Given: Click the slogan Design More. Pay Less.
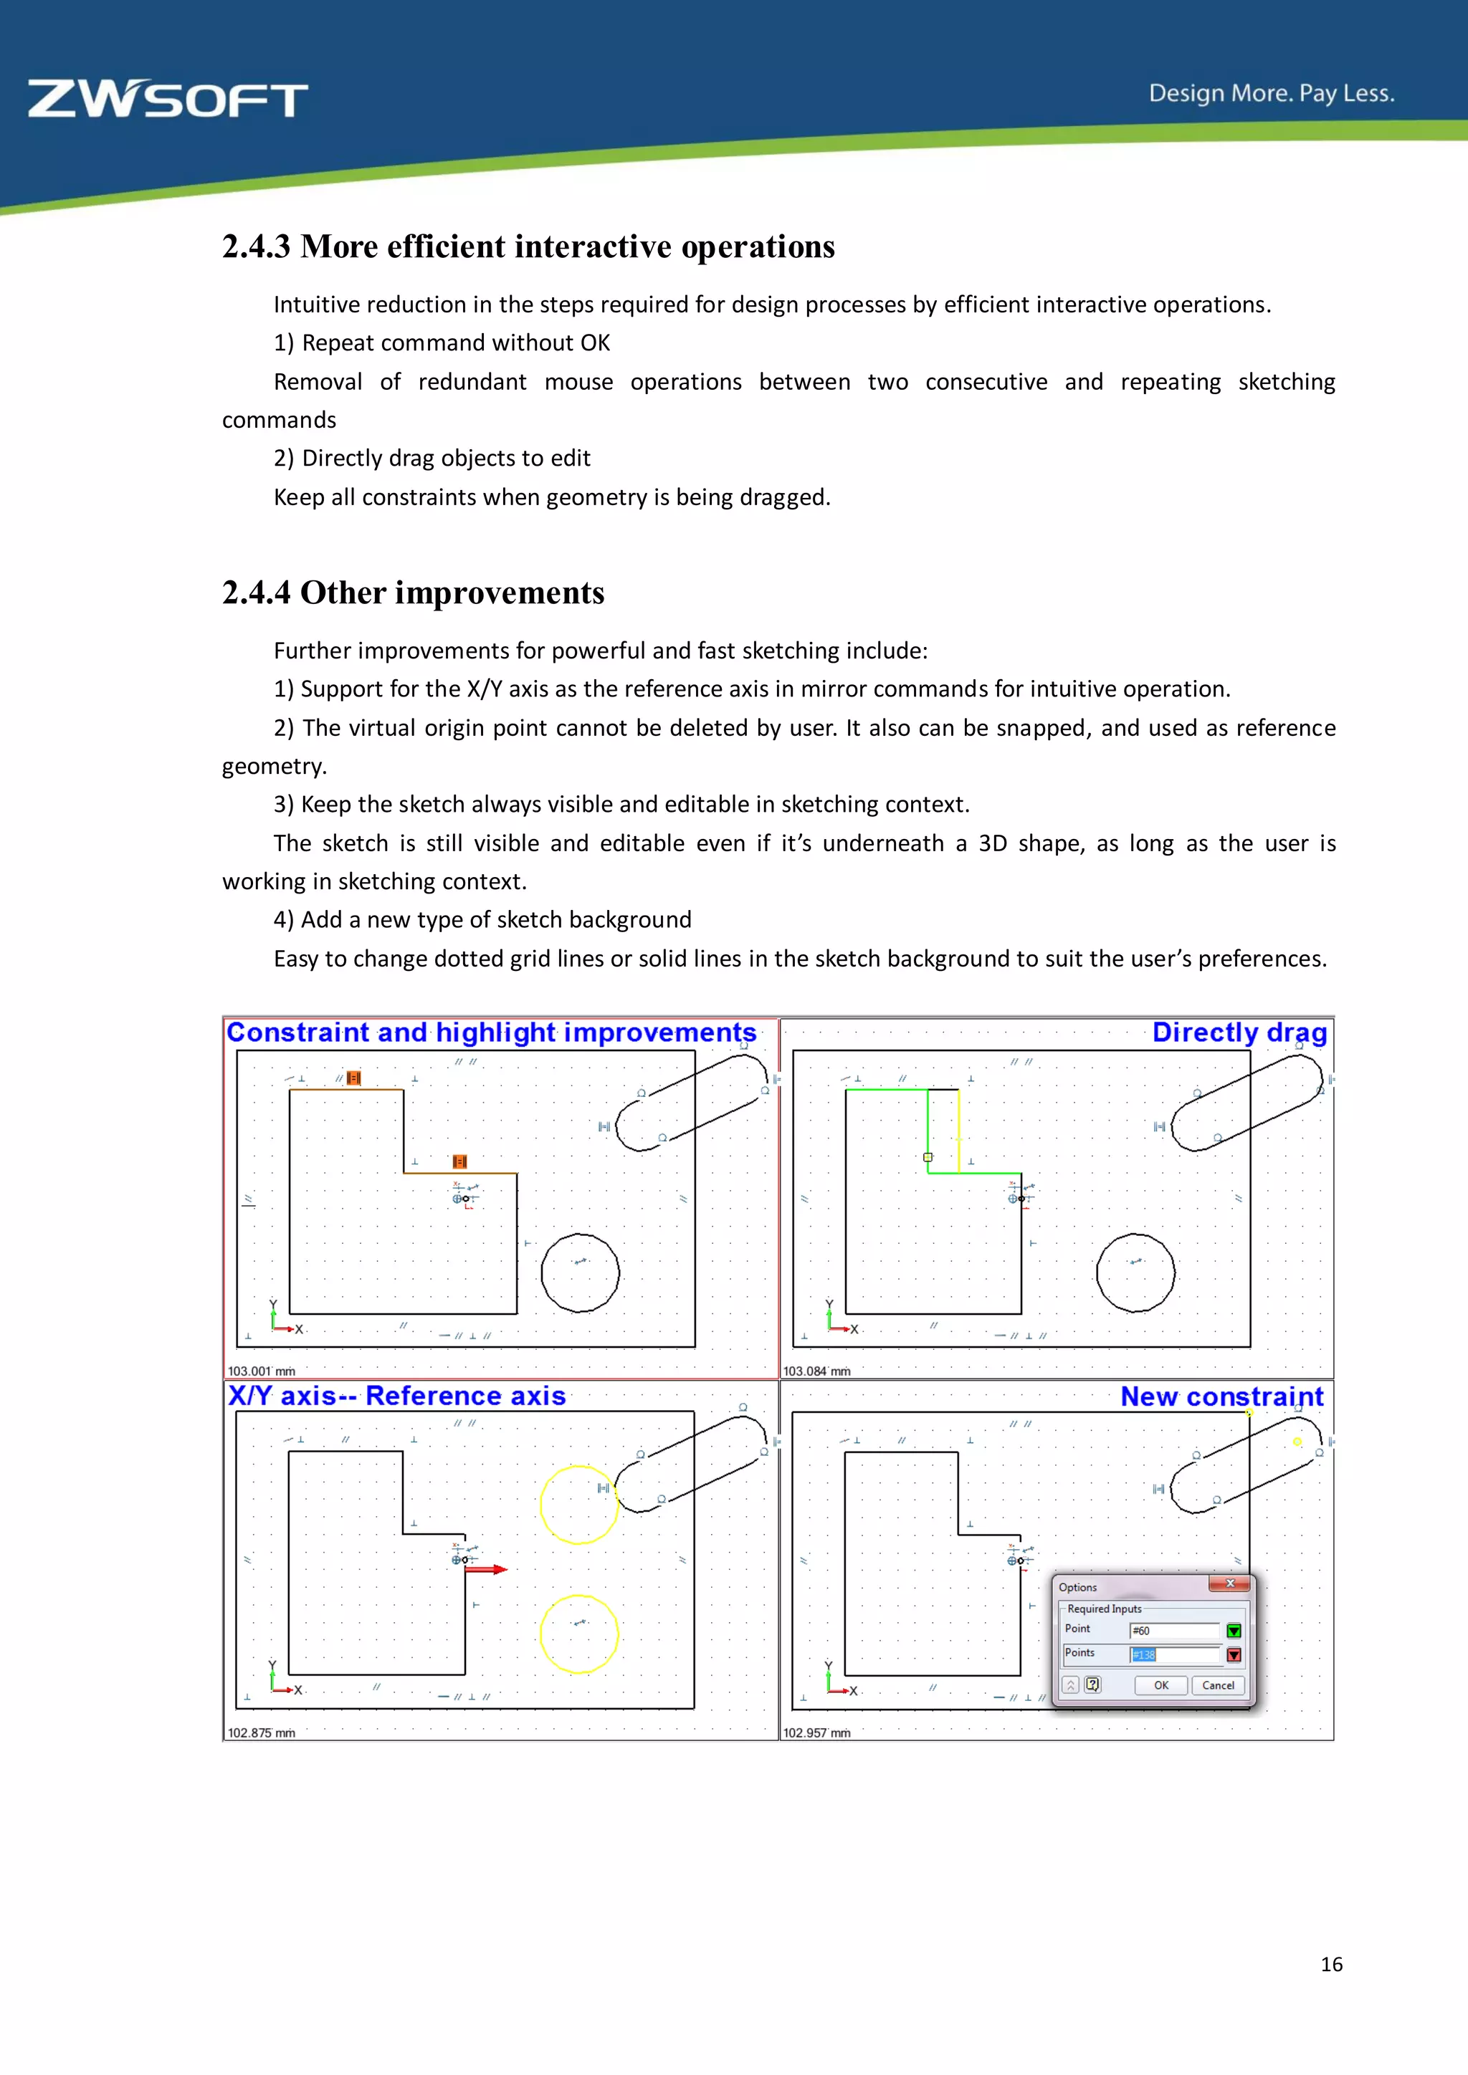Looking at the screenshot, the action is pyautogui.click(x=1271, y=93).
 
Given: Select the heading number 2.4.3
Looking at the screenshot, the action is pyautogui.click(x=257, y=246).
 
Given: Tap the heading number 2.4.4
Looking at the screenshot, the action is pyautogui.click(x=257, y=593).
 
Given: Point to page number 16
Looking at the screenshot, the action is pyautogui.click(x=1330, y=1964).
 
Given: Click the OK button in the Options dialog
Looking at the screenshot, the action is pyautogui.click(x=1160, y=1685).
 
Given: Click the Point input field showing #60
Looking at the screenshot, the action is pyautogui.click(x=1173, y=1630).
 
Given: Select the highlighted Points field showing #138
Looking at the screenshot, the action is pyautogui.click(x=1173, y=1654).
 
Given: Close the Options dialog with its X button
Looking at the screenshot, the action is pyautogui.click(x=1229, y=1583).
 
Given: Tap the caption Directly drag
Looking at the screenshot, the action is pyautogui.click(x=1239, y=1032).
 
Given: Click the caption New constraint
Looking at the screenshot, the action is pyautogui.click(x=1221, y=1396).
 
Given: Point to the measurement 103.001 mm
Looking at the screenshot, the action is pyautogui.click(x=261, y=1371).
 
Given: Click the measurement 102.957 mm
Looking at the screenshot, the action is pyautogui.click(x=816, y=1733).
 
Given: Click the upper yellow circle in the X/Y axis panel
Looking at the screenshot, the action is pyautogui.click(x=578, y=1504).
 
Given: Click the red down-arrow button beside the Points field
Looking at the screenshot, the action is pyautogui.click(x=1234, y=1654).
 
